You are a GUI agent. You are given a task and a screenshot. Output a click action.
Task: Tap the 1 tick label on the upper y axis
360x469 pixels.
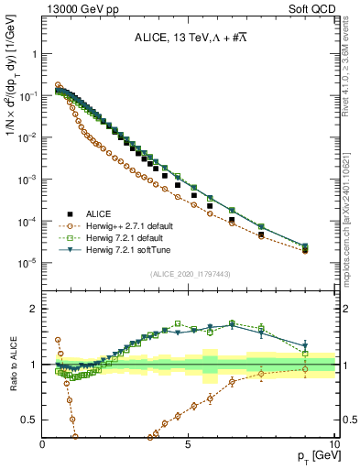[35, 54]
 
